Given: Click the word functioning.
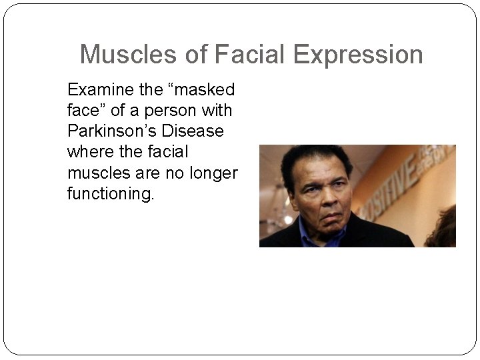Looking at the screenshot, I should pyautogui.click(x=110, y=194).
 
